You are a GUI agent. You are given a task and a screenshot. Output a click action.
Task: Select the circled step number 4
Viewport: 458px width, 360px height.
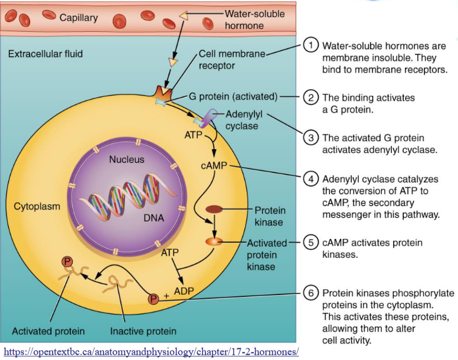coord(311,178)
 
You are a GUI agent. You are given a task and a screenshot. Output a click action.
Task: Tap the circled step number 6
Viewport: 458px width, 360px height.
coord(311,293)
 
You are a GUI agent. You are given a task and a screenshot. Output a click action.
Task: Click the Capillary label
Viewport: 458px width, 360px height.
coord(78,18)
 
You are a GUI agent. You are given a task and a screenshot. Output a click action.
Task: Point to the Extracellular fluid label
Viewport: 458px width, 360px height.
coord(45,54)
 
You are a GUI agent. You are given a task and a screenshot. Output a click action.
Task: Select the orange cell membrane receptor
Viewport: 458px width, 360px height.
coord(162,93)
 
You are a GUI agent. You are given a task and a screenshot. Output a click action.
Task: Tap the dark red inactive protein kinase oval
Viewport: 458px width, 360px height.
coord(214,209)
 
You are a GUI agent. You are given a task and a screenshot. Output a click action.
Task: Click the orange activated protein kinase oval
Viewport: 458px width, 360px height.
coord(214,241)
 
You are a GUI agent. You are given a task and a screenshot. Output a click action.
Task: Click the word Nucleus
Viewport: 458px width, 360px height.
coord(126,159)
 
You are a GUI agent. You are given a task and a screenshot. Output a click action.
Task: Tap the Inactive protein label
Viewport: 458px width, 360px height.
coord(143,330)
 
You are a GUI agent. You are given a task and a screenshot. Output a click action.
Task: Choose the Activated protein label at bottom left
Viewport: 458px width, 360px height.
coord(48,330)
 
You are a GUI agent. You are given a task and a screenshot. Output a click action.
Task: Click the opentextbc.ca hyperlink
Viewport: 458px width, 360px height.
coord(151,352)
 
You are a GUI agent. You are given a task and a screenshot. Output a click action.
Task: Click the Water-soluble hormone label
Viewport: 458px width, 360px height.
coord(254,19)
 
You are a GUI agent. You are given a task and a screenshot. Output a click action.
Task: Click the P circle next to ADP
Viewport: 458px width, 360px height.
coord(154,299)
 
